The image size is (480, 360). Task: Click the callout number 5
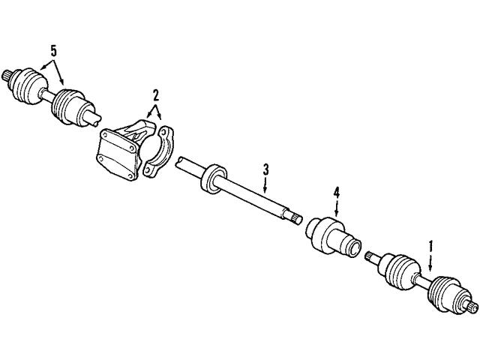tap(52, 50)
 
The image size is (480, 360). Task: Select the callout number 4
tap(337, 193)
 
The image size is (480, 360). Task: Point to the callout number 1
tap(430, 245)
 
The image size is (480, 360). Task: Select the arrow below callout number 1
tap(430, 262)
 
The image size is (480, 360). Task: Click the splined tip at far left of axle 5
tap(10, 73)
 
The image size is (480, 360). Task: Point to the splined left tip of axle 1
tap(370, 257)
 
